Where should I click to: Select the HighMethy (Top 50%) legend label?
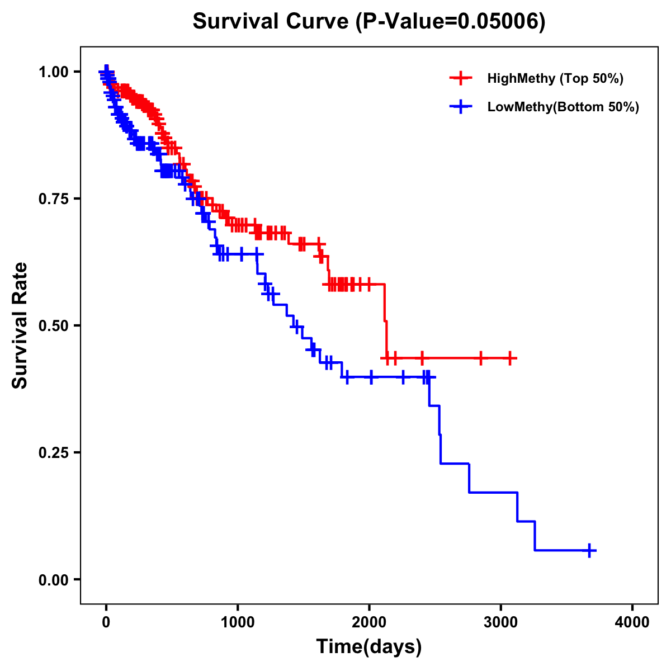click(555, 78)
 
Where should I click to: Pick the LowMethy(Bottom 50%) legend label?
click(563, 107)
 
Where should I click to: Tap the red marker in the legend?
click(461, 78)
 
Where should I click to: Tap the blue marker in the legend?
click(461, 107)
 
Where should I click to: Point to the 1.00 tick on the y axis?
click(54, 72)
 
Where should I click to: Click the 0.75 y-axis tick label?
click(54, 199)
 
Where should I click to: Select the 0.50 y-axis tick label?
click(54, 325)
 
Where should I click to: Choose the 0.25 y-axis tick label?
click(54, 452)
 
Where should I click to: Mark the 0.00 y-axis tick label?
click(54, 579)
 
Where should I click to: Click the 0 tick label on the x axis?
click(106, 622)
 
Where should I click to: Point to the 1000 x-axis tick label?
click(238, 622)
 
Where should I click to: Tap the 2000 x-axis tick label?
click(369, 622)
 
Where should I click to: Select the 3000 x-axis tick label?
click(501, 622)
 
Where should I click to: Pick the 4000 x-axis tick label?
click(632, 622)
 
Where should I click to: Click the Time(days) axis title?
click(369, 647)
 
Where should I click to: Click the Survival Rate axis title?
click(20, 325)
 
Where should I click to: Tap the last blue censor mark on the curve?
click(589, 550)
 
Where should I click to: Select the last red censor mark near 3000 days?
click(509, 358)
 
